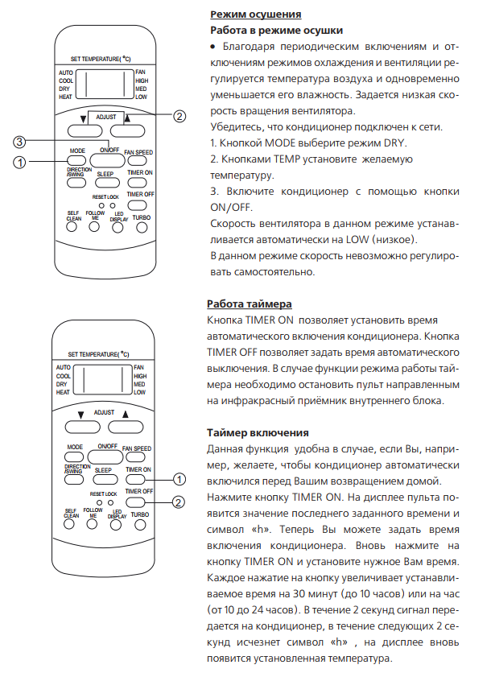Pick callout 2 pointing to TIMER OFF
pos(179,502)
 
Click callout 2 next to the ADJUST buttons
pos(179,117)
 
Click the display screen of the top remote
pos(107,84)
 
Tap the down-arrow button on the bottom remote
pos(80,427)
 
